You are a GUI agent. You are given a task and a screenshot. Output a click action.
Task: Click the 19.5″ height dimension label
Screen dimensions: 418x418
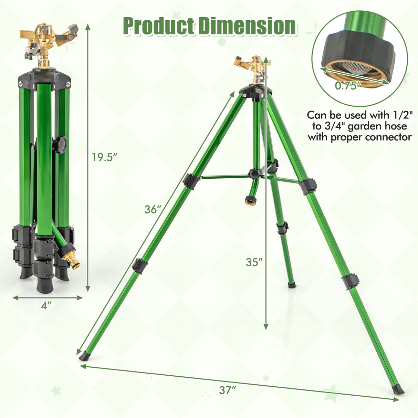click(104, 157)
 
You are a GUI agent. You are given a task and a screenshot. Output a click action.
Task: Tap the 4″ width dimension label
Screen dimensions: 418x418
click(46, 306)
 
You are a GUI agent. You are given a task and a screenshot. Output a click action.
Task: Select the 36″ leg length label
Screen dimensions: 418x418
click(153, 210)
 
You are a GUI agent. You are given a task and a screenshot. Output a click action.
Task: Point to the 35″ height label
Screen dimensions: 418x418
click(254, 262)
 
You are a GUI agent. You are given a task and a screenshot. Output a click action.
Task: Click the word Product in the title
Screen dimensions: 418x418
click(159, 27)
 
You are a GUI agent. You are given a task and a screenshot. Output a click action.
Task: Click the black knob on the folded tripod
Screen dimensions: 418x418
click(59, 145)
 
